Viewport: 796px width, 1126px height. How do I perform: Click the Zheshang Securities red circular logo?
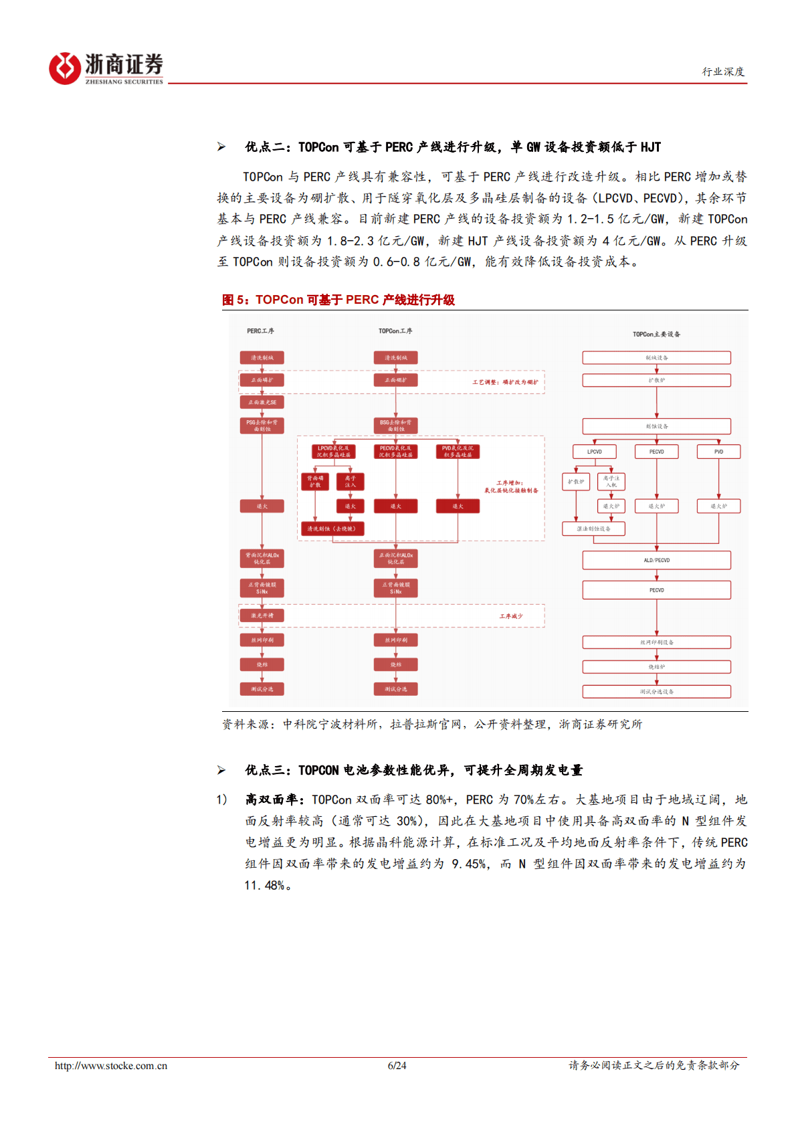click(65, 68)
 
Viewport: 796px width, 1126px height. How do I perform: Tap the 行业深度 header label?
click(723, 72)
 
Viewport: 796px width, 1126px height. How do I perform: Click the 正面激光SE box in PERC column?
click(262, 402)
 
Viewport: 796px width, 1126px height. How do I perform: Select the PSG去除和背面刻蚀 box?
click(262, 426)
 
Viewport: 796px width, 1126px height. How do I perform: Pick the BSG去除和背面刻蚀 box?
click(396, 426)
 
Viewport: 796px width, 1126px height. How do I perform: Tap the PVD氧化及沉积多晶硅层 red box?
click(458, 452)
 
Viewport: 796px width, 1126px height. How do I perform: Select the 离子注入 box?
click(350, 482)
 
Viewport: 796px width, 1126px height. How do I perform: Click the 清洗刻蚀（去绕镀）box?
click(332, 529)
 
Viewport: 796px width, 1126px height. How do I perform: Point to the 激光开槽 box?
click(262, 615)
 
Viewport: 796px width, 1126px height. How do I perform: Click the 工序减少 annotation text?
click(511, 616)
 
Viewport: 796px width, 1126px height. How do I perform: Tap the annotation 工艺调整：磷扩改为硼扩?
click(505, 382)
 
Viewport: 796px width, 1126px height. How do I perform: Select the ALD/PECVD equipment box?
click(656, 560)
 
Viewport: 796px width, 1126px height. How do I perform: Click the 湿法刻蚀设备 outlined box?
click(594, 529)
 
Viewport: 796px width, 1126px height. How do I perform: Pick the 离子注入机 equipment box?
click(611, 482)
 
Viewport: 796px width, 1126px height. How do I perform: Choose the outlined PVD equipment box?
click(718, 452)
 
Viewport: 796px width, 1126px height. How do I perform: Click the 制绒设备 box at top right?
click(656, 358)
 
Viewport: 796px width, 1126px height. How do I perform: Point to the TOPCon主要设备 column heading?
click(656, 334)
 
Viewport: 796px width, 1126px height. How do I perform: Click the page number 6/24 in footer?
click(397, 1066)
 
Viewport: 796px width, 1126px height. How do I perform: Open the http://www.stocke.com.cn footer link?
click(111, 1066)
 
